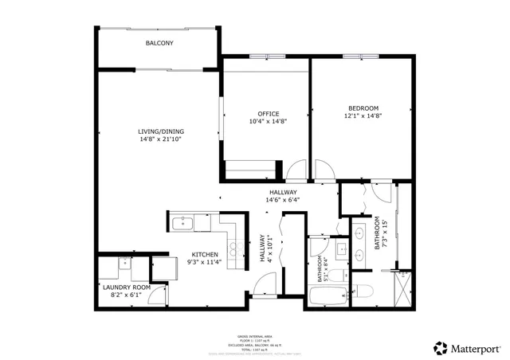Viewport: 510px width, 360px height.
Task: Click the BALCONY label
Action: (159, 43)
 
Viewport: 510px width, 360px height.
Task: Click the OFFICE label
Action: (268, 113)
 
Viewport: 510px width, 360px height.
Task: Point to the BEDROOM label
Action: (363, 108)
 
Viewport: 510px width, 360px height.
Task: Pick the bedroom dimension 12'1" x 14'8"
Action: (363, 116)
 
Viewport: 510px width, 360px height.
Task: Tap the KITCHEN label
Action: (203, 254)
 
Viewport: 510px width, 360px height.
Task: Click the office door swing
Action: (296, 170)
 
